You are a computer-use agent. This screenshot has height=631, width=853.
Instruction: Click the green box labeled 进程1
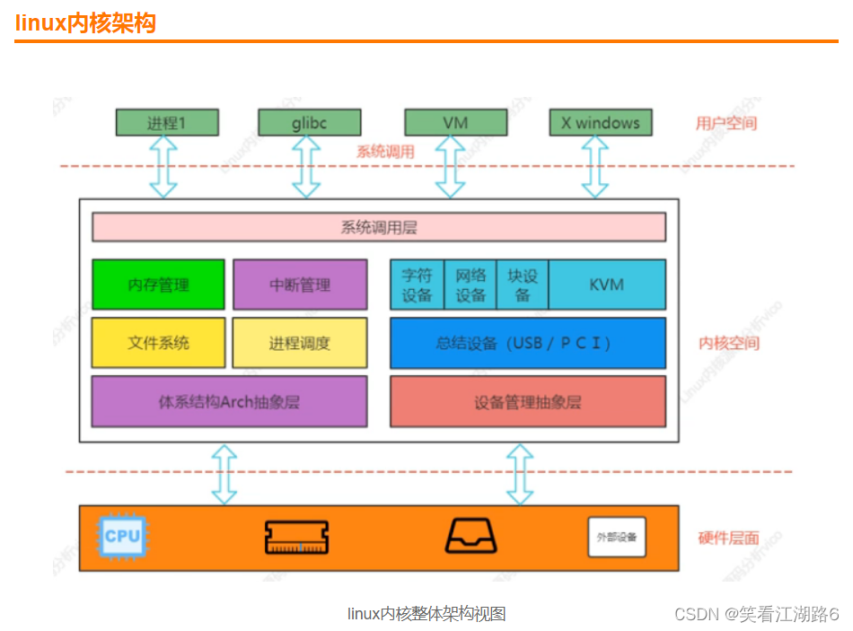[x=166, y=122]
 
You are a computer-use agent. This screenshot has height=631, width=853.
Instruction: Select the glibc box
[x=309, y=122]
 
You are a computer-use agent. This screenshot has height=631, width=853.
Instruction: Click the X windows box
[x=600, y=122]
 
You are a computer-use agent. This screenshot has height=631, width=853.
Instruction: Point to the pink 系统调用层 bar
[x=378, y=227]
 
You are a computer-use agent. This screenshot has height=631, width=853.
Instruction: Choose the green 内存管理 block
[x=158, y=285]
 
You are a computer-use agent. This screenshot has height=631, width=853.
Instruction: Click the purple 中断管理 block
[x=300, y=285]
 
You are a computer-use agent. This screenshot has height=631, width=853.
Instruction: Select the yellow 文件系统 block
[x=158, y=342]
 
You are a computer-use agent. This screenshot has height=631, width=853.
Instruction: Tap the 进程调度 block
[x=300, y=342]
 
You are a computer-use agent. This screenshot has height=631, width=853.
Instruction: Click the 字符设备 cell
[x=417, y=285]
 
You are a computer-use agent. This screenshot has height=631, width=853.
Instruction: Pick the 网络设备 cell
[x=470, y=285]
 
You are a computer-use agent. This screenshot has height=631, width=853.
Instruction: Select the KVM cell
[x=606, y=285]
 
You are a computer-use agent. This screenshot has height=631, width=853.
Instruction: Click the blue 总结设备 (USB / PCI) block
[x=527, y=342]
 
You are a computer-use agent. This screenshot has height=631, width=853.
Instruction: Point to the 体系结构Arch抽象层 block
[x=229, y=401]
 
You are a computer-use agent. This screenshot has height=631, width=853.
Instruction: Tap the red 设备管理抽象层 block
[x=527, y=401]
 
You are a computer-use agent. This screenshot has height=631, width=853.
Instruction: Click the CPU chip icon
[x=122, y=537]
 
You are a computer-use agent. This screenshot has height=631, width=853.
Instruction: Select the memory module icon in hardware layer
[x=297, y=537]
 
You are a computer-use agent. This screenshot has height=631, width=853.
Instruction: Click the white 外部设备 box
[x=616, y=537]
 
